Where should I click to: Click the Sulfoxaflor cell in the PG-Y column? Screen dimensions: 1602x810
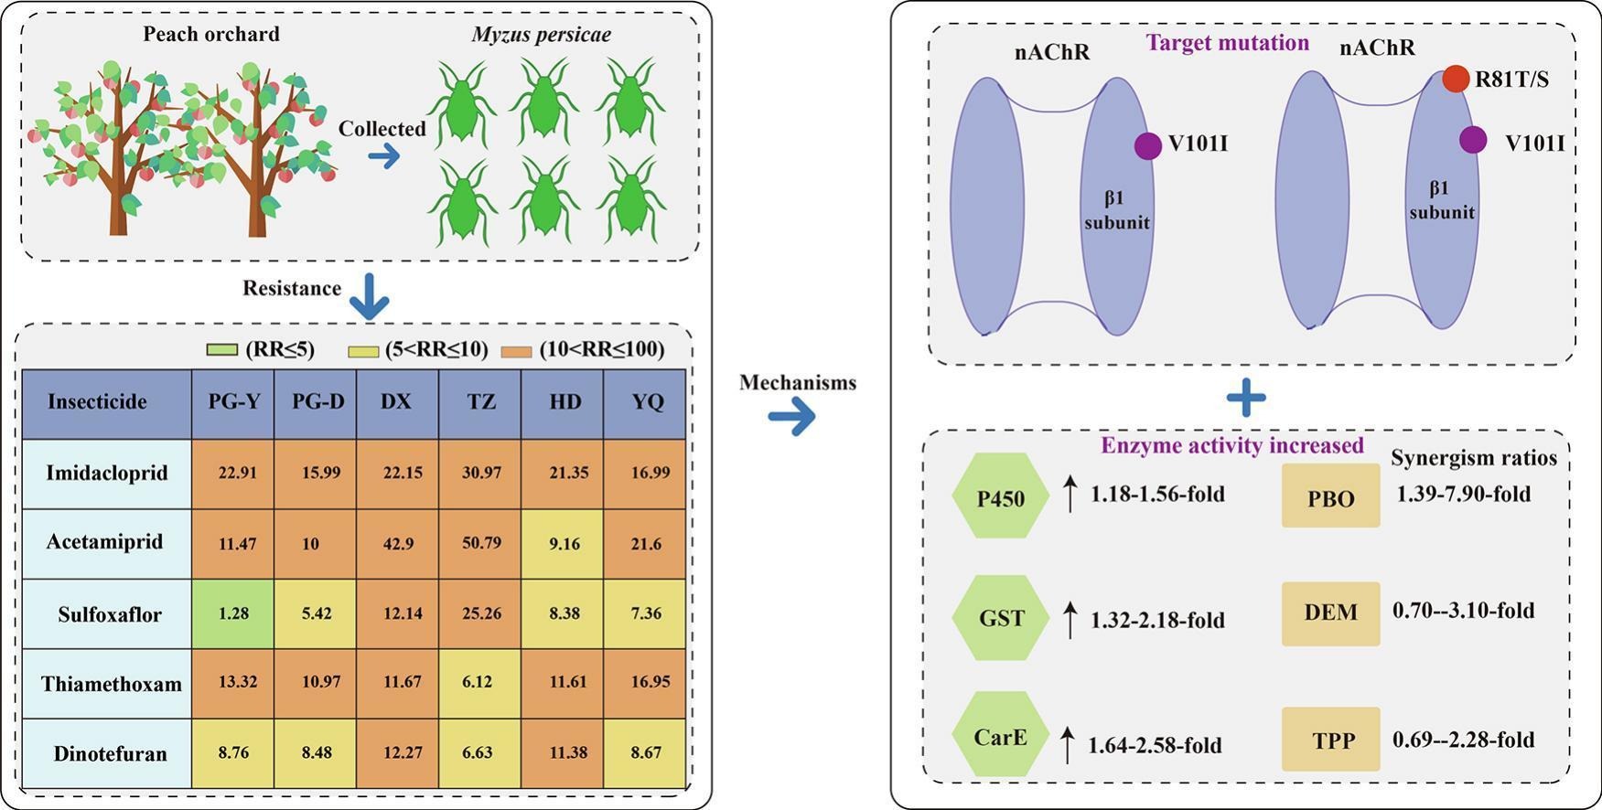coord(233,613)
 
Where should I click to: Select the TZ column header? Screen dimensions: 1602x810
coord(480,401)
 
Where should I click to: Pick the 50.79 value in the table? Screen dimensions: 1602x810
coord(481,543)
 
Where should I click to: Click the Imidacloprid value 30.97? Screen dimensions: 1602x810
coord(481,473)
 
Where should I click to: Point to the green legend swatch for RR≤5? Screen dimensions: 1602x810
coord(222,350)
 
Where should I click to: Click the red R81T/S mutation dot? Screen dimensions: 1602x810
coord(1456,79)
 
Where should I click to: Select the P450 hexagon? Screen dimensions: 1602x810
coord(1001,496)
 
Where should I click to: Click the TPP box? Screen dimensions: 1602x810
coord(1330,739)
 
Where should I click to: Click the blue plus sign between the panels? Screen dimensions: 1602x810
coord(1246,398)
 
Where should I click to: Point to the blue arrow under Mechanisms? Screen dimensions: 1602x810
coord(791,419)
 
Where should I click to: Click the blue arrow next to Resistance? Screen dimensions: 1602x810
coord(369,294)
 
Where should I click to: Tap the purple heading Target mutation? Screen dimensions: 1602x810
coord(1228,43)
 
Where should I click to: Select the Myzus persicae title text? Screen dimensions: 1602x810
coord(542,35)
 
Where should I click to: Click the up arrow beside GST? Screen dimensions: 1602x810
coord(1070,619)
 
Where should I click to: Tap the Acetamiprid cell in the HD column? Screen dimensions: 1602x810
coord(563,544)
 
